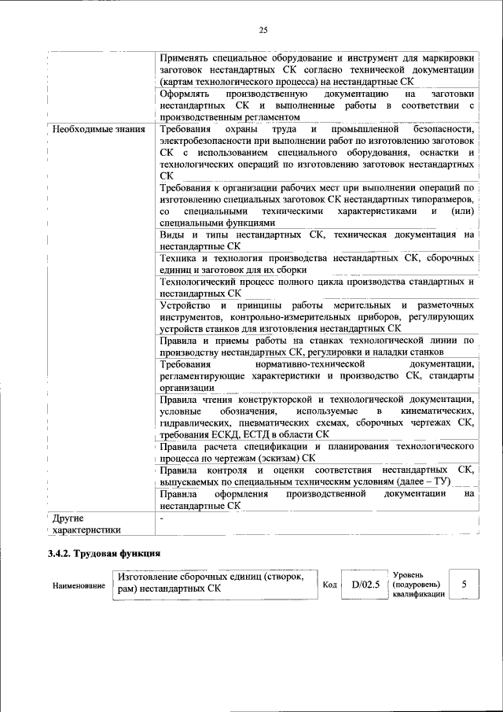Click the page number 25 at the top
click(263, 30)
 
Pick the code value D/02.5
click(365, 585)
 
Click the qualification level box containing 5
click(464, 585)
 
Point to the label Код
click(330, 585)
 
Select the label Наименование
click(78, 586)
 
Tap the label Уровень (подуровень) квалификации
click(417, 585)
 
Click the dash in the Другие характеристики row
click(162, 518)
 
